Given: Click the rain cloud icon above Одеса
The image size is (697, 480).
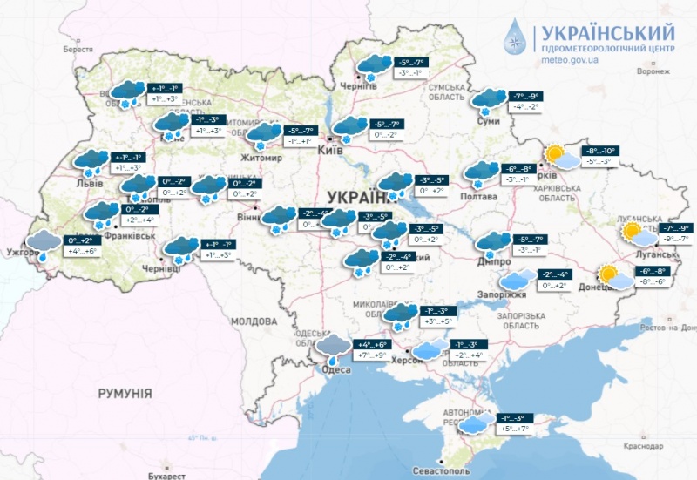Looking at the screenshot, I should pyautogui.click(x=333, y=346).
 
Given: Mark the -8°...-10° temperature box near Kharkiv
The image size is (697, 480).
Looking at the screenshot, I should pyautogui.click(x=599, y=151).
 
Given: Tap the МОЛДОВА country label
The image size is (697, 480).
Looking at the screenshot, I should pyautogui.click(x=252, y=321).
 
